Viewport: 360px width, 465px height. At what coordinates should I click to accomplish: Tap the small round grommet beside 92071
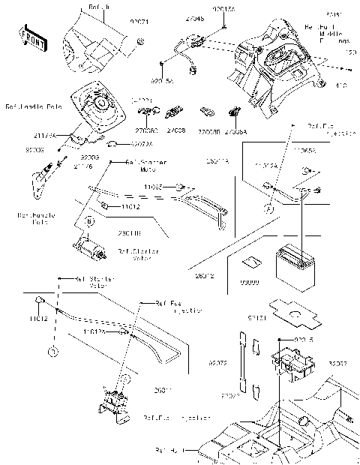pyautogui.click(x=140, y=49)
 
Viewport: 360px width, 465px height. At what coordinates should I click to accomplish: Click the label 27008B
pyautogui.click(x=208, y=130)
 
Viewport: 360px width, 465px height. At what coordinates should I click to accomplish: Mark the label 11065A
pyautogui.click(x=304, y=151)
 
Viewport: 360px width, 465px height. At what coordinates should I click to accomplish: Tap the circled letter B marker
pyautogui.click(x=88, y=222)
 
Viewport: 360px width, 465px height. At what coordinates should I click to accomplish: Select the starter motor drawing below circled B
pyautogui.click(x=88, y=245)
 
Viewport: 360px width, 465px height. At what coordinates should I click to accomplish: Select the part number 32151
pyautogui.click(x=277, y=319)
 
